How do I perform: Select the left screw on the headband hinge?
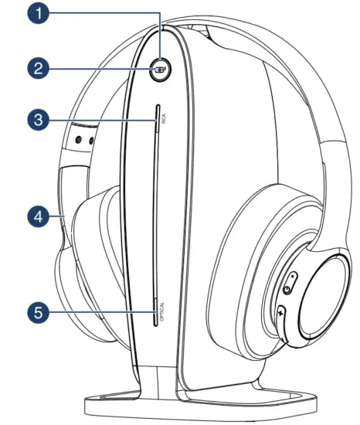tap(78, 140)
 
